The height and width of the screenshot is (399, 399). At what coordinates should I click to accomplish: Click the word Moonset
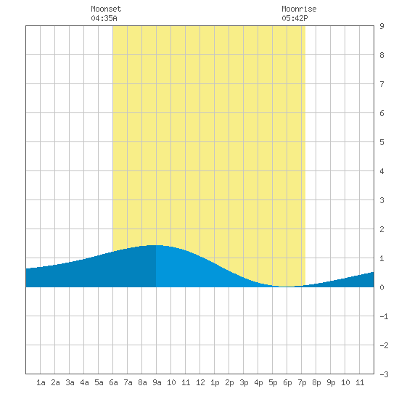106,9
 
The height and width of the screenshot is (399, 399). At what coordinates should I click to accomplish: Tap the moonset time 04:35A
104,18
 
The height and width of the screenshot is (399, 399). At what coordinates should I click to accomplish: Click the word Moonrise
299,9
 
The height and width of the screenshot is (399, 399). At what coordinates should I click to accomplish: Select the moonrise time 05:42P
295,18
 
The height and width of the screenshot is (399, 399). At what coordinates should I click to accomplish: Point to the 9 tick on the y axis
382,26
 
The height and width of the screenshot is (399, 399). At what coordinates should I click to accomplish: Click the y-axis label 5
382,142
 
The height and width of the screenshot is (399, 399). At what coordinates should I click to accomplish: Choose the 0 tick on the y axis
382,287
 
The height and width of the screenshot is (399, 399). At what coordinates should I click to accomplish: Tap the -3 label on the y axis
384,374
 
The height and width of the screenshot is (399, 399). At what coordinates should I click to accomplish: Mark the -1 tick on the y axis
384,316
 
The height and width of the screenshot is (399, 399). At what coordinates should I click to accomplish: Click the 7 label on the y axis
382,84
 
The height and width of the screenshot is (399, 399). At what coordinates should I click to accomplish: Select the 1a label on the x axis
41,382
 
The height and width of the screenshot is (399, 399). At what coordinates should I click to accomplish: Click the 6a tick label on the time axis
113,382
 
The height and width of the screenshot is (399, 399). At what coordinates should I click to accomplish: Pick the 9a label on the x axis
157,382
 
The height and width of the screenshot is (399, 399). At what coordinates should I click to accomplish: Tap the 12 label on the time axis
200,382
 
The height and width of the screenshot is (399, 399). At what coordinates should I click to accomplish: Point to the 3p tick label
244,382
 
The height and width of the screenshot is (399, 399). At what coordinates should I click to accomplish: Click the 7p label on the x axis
302,382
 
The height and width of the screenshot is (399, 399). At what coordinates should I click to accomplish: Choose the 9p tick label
331,382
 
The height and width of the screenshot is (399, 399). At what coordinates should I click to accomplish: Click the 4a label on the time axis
84,382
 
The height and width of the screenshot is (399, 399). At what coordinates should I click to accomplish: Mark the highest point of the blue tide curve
155,245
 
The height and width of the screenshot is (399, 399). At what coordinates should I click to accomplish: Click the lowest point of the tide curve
287,287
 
